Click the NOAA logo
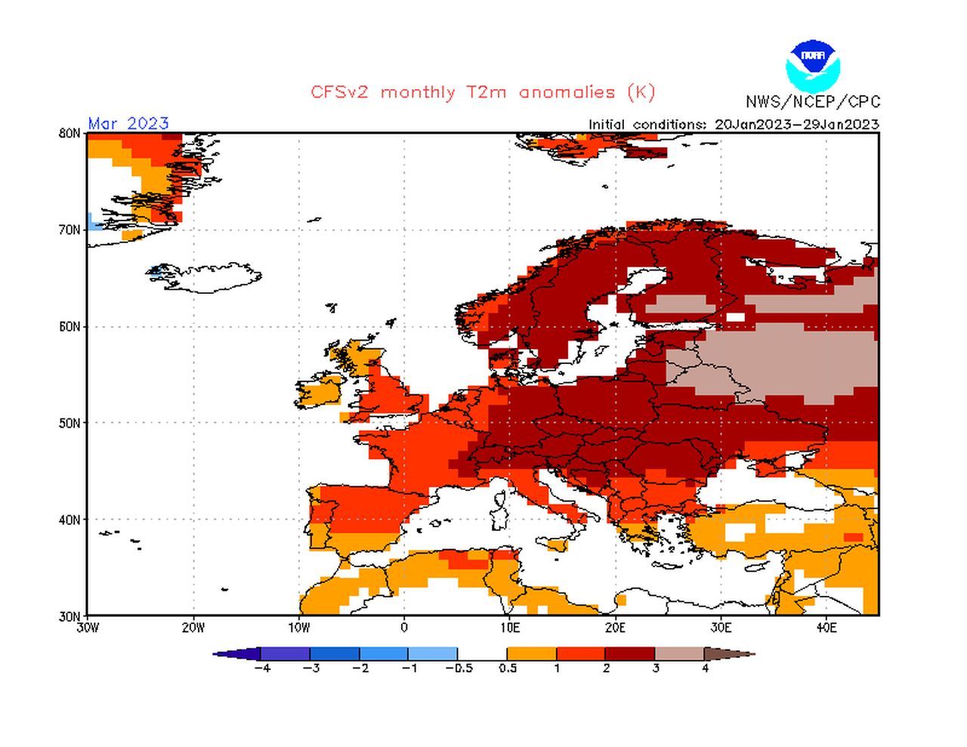(x=812, y=66)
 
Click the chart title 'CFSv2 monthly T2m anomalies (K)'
(x=483, y=92)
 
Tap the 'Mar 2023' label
(x=128, y=123)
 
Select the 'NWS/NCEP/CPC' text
(x=813, y=102)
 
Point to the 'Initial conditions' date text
(x=734, y=125)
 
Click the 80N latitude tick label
(x=70, y=134)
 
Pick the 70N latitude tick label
(x=70, y=230)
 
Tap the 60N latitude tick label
(x=70, y=327)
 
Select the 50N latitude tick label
(x=70, y=424)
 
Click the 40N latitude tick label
(x=70, y=520)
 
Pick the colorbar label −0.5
(x=459, y=668)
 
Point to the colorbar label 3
(x=656, y=668)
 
